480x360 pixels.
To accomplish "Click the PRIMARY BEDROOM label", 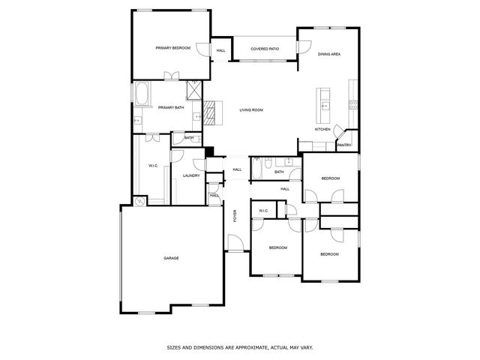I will [172, 49].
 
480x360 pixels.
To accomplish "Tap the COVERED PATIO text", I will [264, 49].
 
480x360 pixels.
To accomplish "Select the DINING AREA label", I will [330, 54].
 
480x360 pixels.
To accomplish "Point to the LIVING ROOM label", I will [251, 110].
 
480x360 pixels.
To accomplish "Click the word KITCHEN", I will [322, 130].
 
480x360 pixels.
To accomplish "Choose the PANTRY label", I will [344, 145].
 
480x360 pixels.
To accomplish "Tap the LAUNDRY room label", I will [190, 175].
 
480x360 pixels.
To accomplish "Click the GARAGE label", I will [171, 258].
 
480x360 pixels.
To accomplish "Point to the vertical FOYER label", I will [235, 216].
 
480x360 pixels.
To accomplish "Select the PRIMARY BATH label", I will [171, 107].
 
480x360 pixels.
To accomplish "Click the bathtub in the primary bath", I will [142, 94].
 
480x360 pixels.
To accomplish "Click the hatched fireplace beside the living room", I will [210, 112].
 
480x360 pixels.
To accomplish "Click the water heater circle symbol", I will [139, 201].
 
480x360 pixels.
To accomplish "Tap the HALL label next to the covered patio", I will [220, 50].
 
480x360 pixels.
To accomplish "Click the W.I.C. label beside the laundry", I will [152, 166].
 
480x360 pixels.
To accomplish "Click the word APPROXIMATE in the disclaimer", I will [244, 348].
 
